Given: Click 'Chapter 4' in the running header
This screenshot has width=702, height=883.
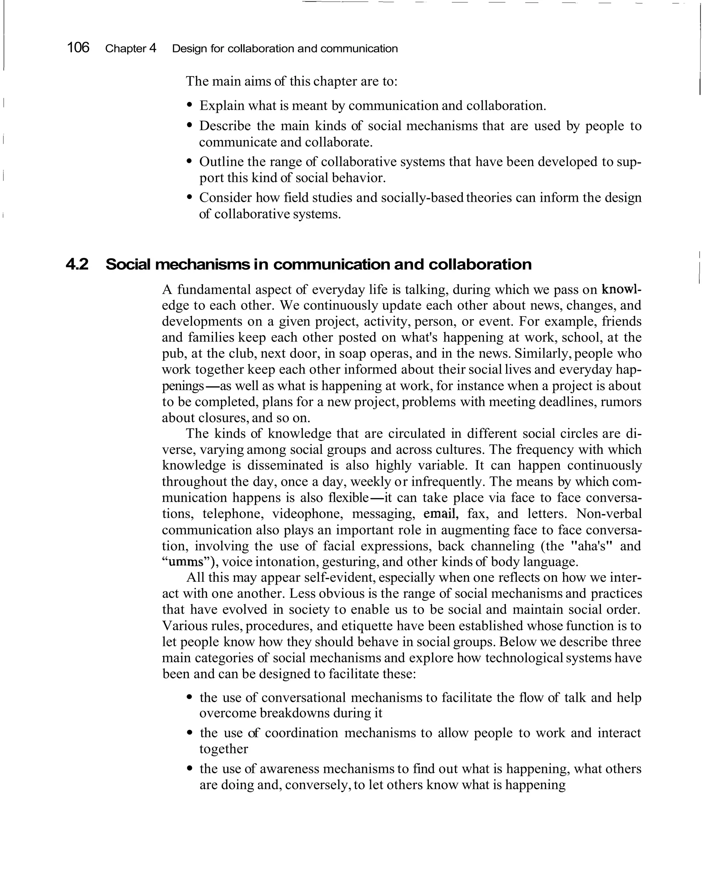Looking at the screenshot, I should (131, 49).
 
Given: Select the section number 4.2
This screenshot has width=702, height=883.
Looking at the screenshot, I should (77, 264).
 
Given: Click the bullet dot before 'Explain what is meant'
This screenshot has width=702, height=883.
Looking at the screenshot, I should (189, 105).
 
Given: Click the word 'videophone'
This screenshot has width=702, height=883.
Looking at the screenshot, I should (307, 514).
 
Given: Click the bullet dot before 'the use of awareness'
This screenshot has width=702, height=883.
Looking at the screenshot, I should (189, 769).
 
